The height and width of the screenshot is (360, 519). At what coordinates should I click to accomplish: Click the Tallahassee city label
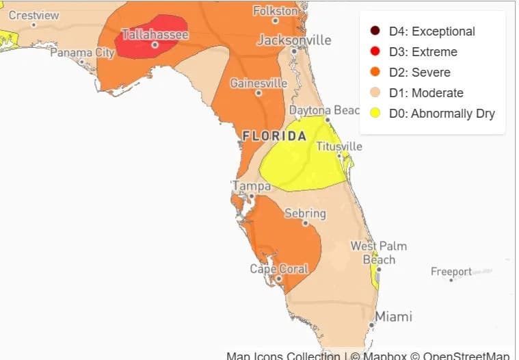(x=155, y=34)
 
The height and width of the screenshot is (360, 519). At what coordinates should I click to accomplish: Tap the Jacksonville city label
(x=293, y=40)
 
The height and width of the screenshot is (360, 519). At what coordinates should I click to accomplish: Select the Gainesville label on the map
(x=258, y=83)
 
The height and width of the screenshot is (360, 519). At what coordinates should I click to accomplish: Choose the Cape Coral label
(x=279, y=268)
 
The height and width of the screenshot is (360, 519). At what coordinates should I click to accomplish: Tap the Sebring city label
(x=305, y=214)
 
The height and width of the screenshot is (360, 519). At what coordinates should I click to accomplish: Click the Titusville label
(x=339, y=146)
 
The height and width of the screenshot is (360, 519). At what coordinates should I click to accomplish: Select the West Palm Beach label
(x=378, y=253)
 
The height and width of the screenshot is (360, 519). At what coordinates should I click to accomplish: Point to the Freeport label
(x=451, y=272)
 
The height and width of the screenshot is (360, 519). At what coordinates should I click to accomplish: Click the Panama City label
(x=82, y=52)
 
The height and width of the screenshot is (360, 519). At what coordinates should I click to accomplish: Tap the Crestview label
(x=34, y=15)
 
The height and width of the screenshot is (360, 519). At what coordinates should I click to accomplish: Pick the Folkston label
(x=276, y=11)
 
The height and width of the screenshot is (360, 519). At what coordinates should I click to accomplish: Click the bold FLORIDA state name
(x=274, y=136)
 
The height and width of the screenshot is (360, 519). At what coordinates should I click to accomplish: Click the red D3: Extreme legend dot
(x=375, y=52)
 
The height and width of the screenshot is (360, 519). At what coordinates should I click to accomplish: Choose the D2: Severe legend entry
(x=419, y=73)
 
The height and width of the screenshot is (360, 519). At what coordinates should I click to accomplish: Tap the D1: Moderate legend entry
(x=426, y=93)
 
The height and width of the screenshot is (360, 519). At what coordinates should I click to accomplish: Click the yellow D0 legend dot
(x=375, y=114)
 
